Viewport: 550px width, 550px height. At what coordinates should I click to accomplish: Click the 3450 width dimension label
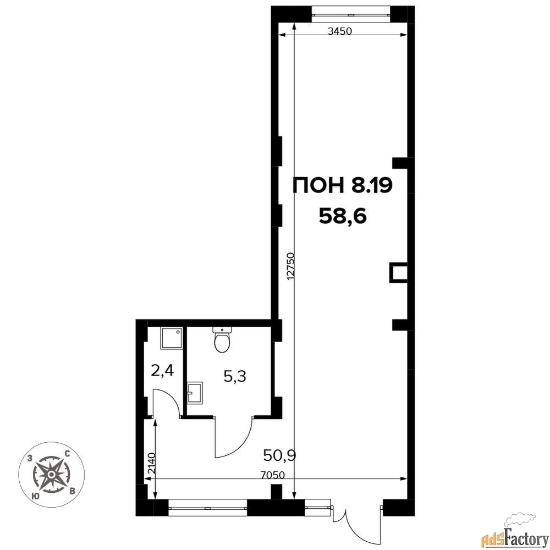(339, 31)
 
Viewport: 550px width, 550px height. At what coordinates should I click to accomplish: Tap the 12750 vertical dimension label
(290, 266)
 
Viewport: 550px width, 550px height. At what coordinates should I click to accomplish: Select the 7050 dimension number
(273, 475)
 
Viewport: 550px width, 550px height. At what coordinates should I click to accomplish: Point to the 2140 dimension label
(151, 464)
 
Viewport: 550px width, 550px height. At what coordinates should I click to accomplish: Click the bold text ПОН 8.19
(342, 186)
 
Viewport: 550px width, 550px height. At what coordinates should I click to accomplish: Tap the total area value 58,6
(342, 216)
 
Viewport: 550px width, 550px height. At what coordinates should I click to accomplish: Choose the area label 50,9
(280, 456)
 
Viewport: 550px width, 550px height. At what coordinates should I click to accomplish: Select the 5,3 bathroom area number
(235, 377)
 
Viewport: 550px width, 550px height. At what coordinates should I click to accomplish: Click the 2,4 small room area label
(162, 370)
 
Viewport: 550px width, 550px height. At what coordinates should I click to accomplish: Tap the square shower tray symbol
(172, 338)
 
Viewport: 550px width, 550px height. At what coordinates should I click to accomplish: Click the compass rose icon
(51, 475)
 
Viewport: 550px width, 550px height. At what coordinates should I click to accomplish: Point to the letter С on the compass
(67, 454)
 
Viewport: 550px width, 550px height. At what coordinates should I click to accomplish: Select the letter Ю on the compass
(35, 496)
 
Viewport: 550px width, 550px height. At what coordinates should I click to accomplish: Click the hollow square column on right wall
(398, 273)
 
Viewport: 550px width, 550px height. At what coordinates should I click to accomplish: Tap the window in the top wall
(351, 14)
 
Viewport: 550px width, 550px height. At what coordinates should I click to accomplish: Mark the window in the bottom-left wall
(208, 508)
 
